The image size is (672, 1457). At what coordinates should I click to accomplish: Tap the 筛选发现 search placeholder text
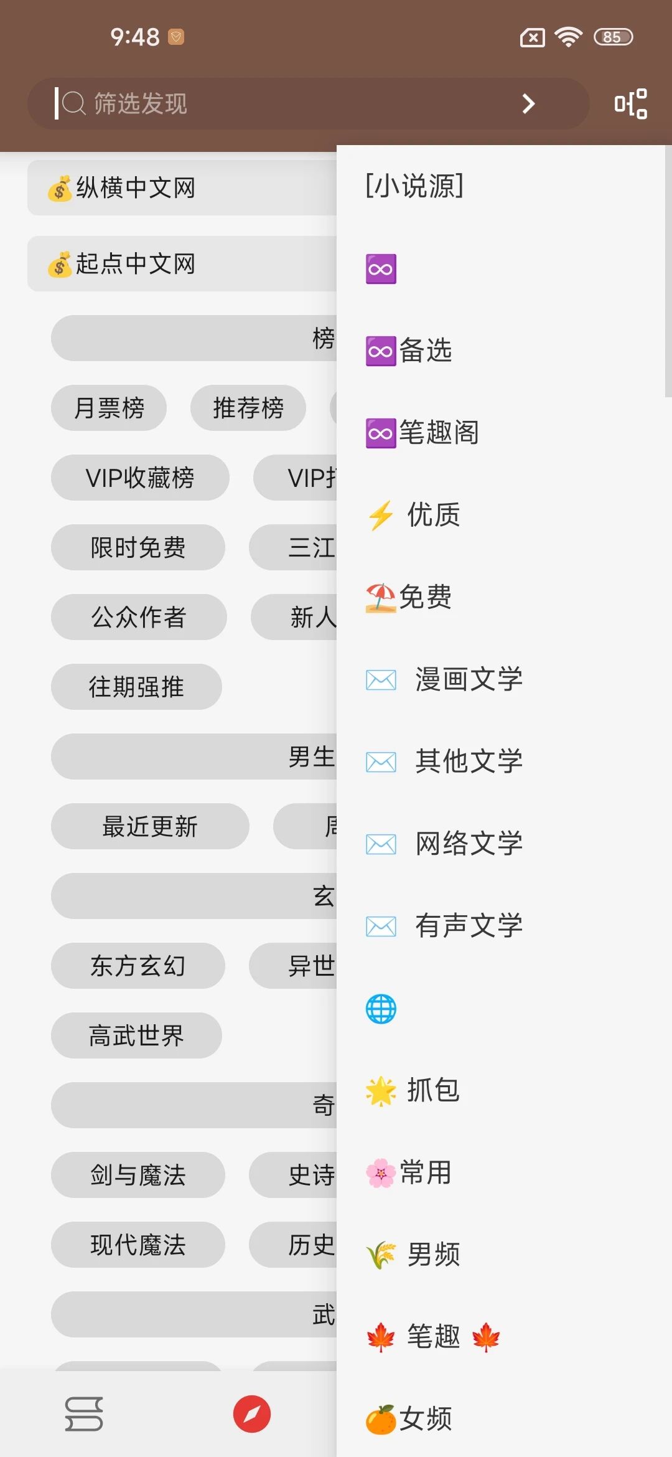click(141, 103)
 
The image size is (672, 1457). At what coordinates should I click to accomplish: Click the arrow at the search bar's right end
click(528, 103)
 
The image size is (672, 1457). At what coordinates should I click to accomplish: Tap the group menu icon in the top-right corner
click(630, 103)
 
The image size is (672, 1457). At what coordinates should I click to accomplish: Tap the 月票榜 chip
click(109, 408)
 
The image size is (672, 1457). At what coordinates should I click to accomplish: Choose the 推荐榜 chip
click(248, 408)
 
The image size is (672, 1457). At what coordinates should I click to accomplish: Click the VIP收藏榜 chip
click(140, 478)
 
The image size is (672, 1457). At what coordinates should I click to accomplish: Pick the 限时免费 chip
click(138, 548)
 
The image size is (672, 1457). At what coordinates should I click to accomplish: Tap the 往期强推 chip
click(136, 687)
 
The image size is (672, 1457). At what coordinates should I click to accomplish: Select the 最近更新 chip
click(150, 827)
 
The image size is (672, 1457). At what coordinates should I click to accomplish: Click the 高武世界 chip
click(136, 1036)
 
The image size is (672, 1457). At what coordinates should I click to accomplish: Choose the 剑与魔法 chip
click(138, 1176)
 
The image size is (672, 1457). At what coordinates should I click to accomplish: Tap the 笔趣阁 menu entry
click(438, 433)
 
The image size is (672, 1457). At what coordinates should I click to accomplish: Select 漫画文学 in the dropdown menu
click(468, 679)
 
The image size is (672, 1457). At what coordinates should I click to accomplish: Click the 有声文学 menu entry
click(468, 926)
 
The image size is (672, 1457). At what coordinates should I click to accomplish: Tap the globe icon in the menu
click(381, 1009)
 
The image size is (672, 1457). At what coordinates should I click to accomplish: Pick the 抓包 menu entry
click(432, 1090)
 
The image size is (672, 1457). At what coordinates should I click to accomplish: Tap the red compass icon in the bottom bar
click(252, 1414)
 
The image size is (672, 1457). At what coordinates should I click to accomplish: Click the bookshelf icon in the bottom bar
click(84, 1414)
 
